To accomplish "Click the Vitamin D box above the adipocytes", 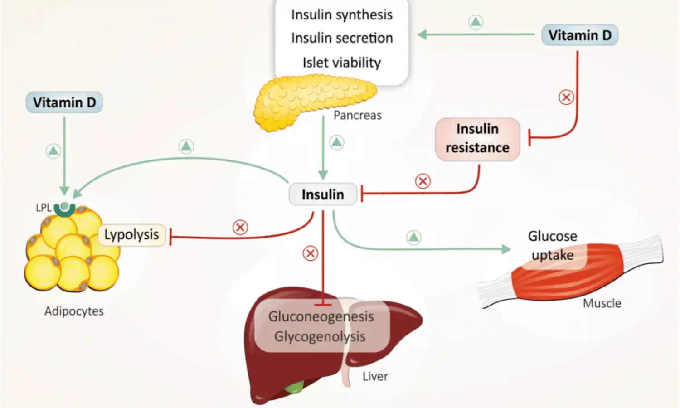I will tap(64, 102).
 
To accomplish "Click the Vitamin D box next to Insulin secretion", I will tap(579, 35).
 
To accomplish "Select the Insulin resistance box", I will tap(477, 139).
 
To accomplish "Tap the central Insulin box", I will tap(323, 194).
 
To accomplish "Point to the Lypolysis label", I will tap(131, 235).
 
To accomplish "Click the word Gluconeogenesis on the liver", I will tap(321, 316).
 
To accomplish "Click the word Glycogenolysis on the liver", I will tap(320, 336).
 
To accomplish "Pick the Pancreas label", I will tap(357, 116).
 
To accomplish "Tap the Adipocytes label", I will tap(74, 311).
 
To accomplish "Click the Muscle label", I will tap(602, 303).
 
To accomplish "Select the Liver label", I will tap(375, 376).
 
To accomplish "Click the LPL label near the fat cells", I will tap(44, 208).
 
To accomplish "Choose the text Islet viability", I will tap(342, 63).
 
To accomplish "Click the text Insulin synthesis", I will tap(342, 15).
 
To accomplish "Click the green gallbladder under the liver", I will tap(295, 388).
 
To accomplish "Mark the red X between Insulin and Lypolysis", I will tap(240, 227).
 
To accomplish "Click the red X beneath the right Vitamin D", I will tap(566, 97).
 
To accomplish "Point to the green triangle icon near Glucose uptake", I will tap(413, 237).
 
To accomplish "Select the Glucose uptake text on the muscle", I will tap(553, 246).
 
